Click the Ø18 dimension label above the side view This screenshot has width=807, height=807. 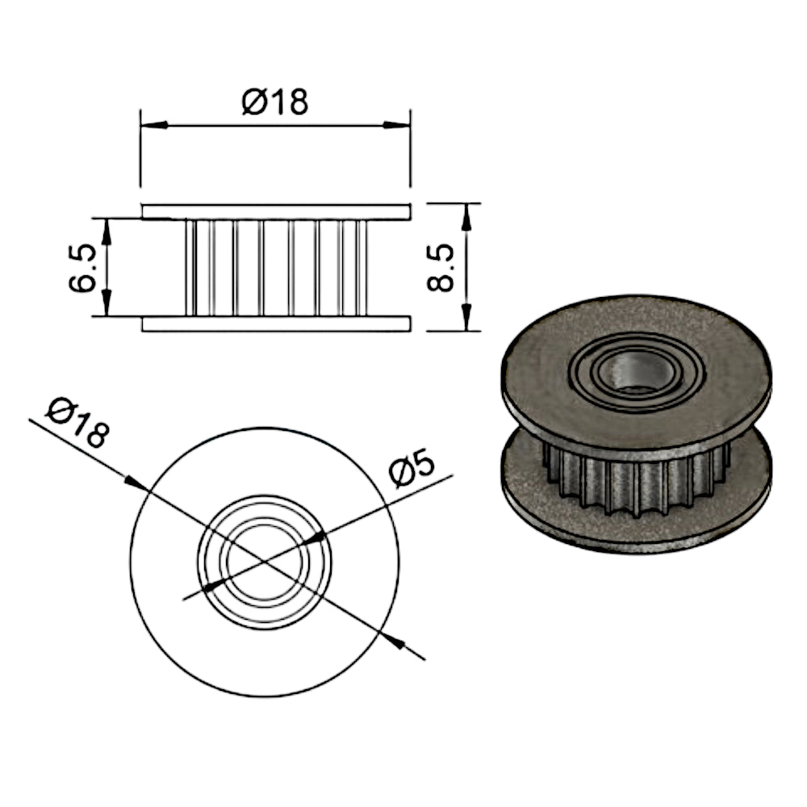[275, 102]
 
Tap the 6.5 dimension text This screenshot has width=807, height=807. [82, 268]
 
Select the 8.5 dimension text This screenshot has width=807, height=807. [441, 268]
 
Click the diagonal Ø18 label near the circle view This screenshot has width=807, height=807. [77, 421]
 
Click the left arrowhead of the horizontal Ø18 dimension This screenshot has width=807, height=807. [154, 124]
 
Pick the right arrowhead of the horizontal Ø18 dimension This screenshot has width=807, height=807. [397, 124]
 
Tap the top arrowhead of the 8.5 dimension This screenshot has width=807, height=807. [466, 216]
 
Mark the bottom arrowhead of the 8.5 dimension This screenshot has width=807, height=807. [466, 317]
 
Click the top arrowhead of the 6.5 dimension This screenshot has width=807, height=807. [107, 232]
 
